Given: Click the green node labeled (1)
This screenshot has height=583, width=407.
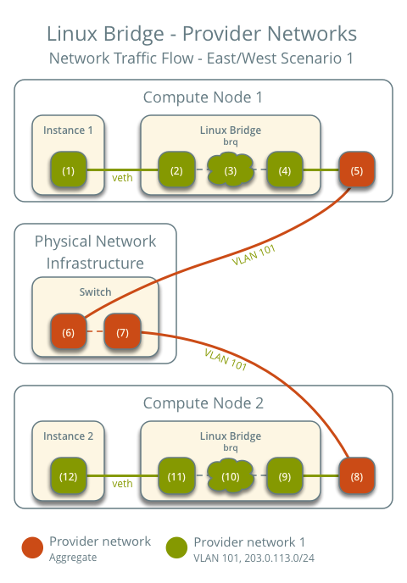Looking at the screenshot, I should [69, 170].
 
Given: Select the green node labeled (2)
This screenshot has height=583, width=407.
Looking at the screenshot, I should [176, 170].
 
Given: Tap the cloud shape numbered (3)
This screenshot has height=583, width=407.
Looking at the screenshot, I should [231, 170].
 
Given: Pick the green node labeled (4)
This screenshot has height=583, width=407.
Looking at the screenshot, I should [285, 170].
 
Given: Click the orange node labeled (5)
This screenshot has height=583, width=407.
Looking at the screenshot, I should [357, 170].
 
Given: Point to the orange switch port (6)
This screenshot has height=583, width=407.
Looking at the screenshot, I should [69, 331].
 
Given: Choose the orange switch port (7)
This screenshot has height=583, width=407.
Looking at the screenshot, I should [122, 331].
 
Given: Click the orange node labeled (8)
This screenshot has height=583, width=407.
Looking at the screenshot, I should [357, 476].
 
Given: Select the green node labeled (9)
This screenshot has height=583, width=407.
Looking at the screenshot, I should [285, 476].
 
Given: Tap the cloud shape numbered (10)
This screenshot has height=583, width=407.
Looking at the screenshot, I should [231, 476].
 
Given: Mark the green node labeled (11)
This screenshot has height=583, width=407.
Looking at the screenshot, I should [176, 476].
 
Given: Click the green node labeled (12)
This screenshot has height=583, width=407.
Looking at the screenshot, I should [69, 476].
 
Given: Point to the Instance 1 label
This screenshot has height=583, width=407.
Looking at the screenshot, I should [68, 130].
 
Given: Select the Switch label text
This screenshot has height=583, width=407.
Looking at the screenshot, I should [95, 291].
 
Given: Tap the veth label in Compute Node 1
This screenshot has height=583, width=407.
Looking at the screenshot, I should [122, 178].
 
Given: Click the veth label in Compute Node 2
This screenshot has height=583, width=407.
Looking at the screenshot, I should [122, 484].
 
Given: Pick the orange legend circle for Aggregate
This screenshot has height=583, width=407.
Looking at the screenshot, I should [33, 547].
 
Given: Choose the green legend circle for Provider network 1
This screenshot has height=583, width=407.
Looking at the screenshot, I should [177, 547].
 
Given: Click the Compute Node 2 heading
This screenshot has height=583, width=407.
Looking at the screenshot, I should [203, 403].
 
